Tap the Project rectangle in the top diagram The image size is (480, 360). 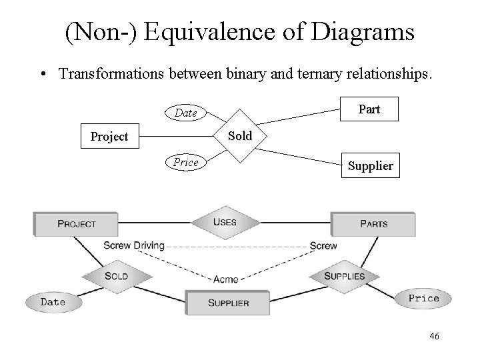(109, 137)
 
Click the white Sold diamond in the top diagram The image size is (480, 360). (240, 136)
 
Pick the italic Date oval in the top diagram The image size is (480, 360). (185, 113)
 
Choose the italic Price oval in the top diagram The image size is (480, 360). (185, 162)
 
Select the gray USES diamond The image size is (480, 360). (225, 221)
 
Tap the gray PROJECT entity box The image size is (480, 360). (76, 224)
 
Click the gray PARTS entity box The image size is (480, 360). (373, 224)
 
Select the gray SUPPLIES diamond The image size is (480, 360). (344, 276)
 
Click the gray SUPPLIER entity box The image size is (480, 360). (228, 303)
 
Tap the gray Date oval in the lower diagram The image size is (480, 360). (53, 302)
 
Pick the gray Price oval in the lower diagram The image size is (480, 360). (423, 298)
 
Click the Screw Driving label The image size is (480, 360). (133, 246)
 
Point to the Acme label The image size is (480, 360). (225, 279)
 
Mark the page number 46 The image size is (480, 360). (434, 337)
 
